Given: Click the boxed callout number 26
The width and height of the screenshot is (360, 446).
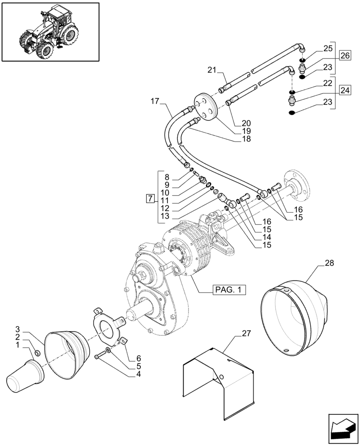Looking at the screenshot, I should coord(344,55).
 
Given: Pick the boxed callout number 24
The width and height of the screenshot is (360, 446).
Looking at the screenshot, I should coord(344,91).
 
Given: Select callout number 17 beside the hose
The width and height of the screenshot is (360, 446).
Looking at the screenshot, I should coord(154,102).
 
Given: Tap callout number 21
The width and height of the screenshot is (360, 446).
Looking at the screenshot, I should coord(213,70).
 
